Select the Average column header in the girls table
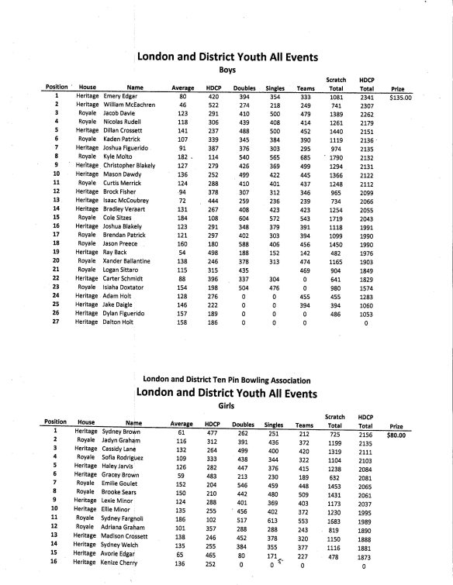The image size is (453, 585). pos(181,425)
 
